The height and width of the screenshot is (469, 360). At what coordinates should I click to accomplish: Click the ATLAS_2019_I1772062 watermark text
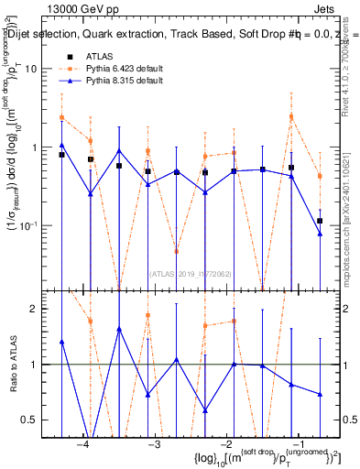(191, 272)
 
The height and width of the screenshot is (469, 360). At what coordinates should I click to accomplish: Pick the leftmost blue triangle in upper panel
(61, 145)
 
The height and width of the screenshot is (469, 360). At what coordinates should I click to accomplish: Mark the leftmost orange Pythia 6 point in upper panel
(61, 117)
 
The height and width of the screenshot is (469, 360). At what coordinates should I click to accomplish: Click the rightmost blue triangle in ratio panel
(320, 394)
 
